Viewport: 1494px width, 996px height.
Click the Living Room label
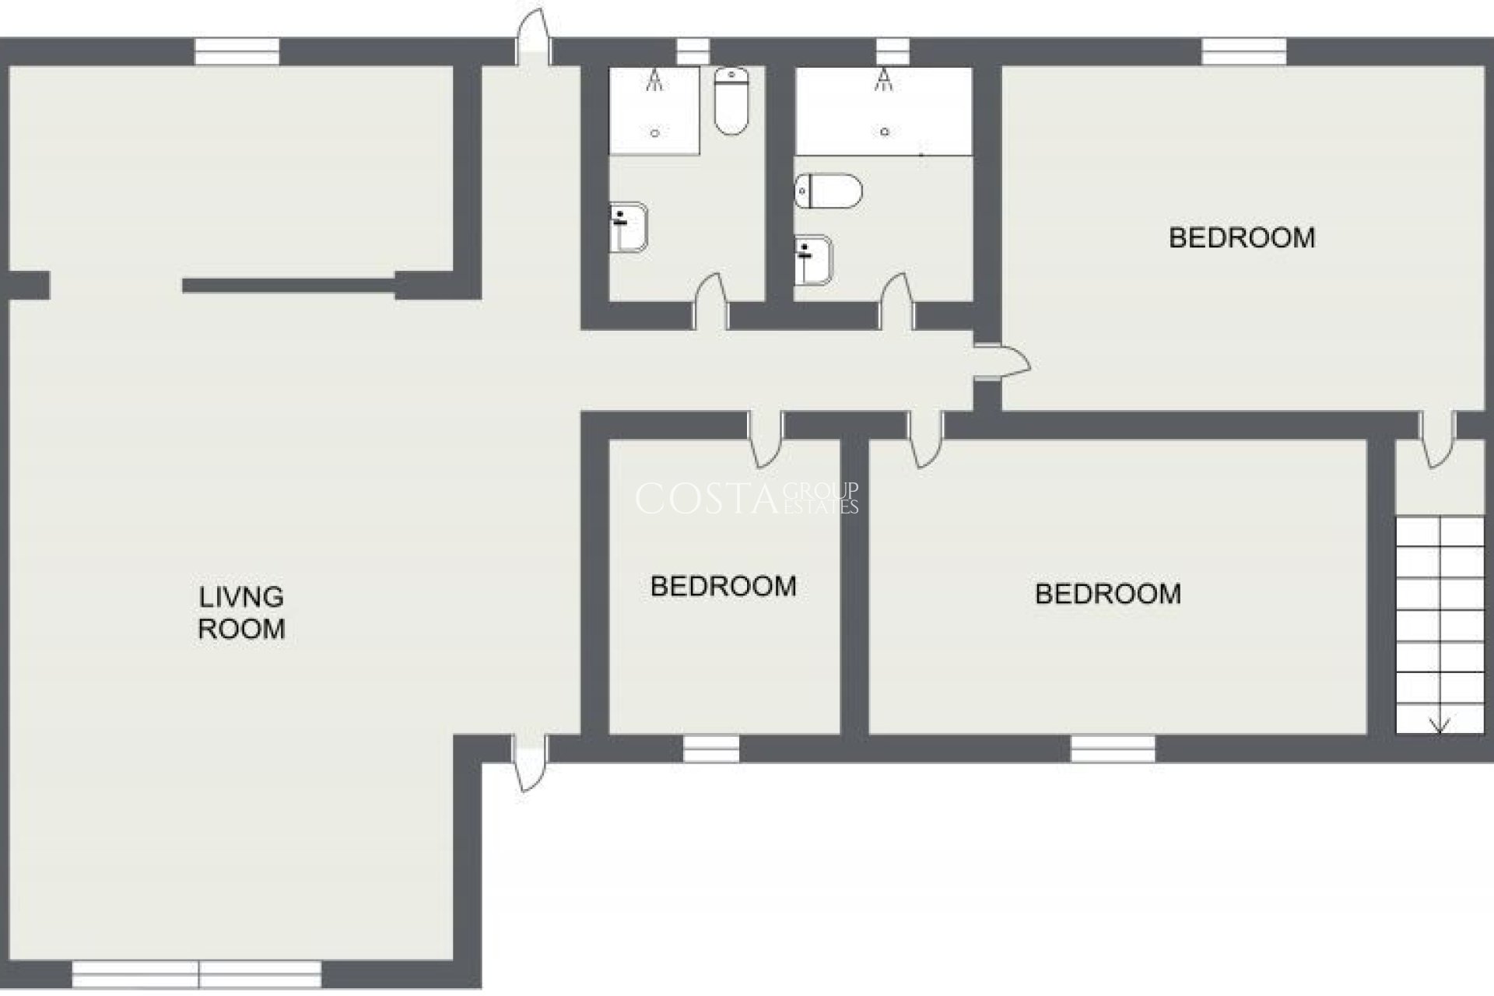click(x=241, y=613)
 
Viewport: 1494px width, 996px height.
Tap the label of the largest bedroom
click(x=1242, y=237)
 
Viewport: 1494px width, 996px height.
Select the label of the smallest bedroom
click(x=723, y=586)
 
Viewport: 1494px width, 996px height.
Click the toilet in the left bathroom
click(x=731, y=100)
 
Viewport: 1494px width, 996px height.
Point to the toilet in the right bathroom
click(x=829, y=191)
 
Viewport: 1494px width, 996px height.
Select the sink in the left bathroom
click(x=628, y=228)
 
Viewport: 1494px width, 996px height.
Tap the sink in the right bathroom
click(x=813, y=259)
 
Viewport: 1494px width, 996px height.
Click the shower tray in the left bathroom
click(x=654, y=110)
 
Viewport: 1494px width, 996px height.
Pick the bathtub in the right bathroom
click(x=884, y=110)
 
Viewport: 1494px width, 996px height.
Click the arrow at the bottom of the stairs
click(x=1440, y=723)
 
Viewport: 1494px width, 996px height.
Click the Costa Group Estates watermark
click(x=747, y=499)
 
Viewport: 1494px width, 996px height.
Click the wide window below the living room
click(x=197, y=974)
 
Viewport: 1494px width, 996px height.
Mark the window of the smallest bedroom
click(x=711, y=749)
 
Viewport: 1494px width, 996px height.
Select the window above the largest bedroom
click(x=1243, y=52)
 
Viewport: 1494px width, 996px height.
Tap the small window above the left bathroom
click(x=693, y=52)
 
